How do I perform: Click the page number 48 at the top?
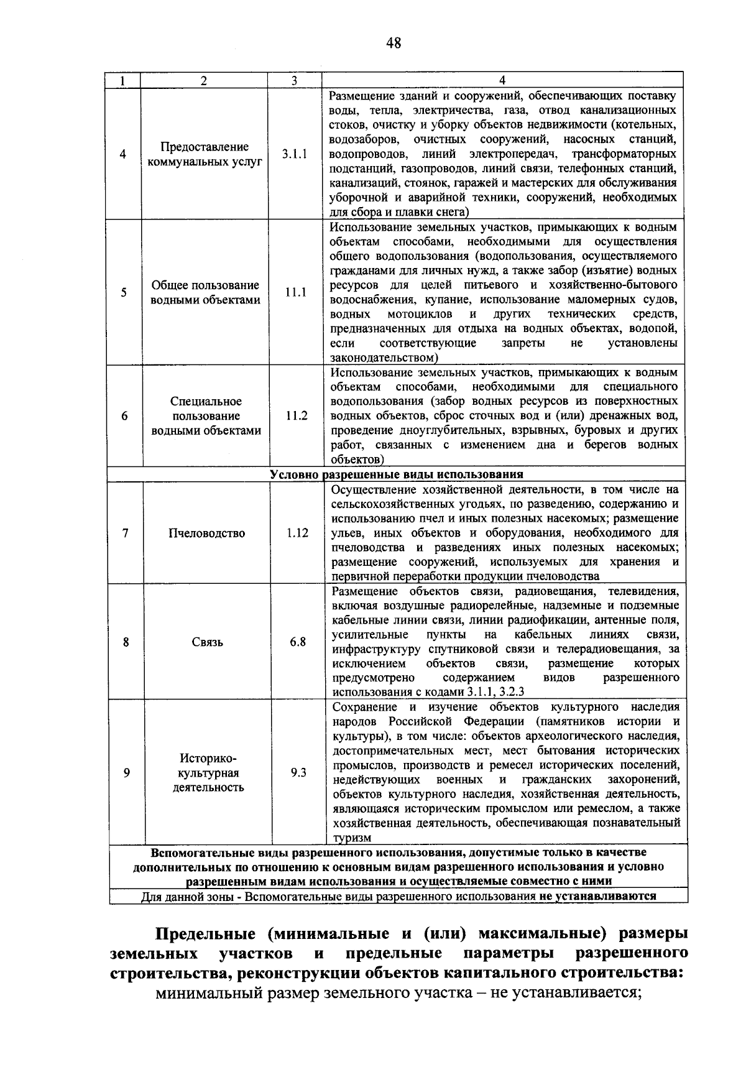[393, 43]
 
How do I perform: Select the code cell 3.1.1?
[294, 154]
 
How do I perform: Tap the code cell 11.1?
[295, 292]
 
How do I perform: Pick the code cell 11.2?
[297, 416]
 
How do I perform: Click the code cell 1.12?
[297, 533]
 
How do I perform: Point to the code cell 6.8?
[298, 642]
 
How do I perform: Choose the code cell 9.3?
[298, 772]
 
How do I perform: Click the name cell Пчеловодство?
[207, 533]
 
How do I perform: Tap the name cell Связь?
[208, 642]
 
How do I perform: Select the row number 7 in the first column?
[126, 533]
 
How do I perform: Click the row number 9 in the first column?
[127, 772]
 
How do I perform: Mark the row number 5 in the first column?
[124, 292]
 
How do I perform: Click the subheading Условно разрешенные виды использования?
[397, 474]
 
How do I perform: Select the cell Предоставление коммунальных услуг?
[205, 154]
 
